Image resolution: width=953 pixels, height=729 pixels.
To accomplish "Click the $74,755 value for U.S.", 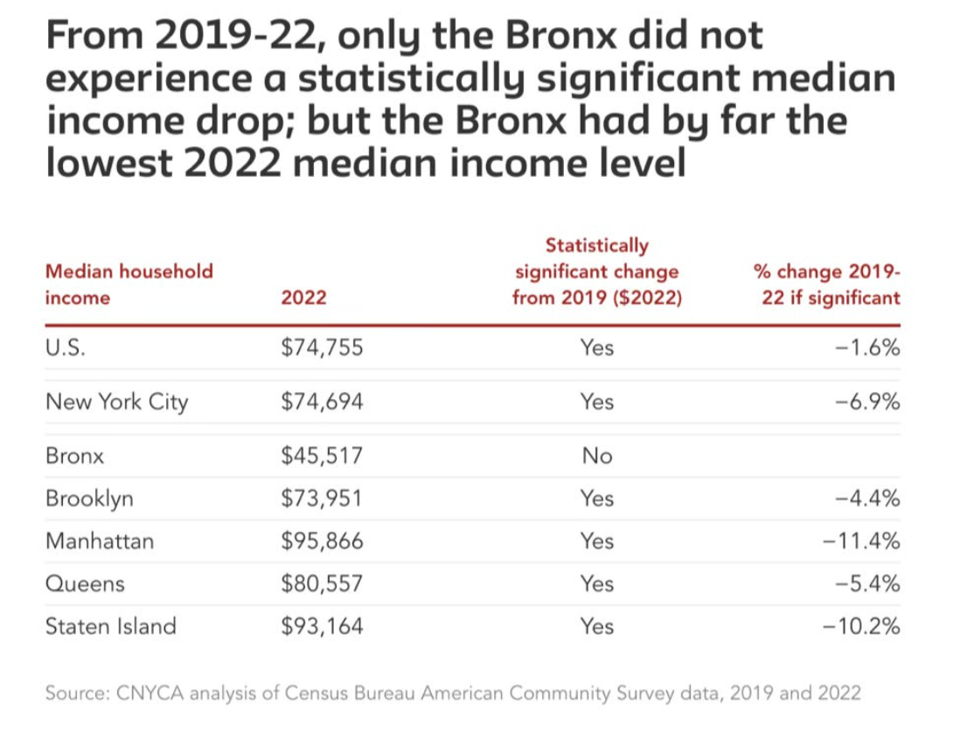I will pos(321,348).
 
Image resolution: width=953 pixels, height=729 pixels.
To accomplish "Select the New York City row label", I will pos(116,403).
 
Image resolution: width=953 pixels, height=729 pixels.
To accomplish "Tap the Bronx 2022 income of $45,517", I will pos(321,456).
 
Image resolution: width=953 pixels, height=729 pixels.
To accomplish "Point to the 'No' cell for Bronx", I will pos(596,456).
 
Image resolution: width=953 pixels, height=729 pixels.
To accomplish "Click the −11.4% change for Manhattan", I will pos(861,542).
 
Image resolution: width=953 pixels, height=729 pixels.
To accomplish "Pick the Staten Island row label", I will pos(111,627).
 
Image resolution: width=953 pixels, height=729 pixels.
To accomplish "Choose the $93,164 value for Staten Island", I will pos(321,627).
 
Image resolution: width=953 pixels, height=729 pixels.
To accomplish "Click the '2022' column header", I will pos(303,298).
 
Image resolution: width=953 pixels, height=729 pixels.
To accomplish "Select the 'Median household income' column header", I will pos(129,284).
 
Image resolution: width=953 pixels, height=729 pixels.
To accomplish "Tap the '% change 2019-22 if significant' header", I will pos(826,284).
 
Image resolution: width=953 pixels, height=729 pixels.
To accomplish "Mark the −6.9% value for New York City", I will pos(868,403).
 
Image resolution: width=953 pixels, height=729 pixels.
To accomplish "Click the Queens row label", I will pos(85,584).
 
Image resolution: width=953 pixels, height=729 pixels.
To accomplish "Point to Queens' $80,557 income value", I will pos(321,584).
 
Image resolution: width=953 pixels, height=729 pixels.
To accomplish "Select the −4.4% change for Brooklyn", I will pos(868,499).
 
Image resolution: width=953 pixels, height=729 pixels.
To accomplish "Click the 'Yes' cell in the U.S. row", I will pos(596,348).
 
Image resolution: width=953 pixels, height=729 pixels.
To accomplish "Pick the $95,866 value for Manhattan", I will pos(321,542).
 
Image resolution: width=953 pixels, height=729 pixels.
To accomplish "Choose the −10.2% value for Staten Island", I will pos(861,627).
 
